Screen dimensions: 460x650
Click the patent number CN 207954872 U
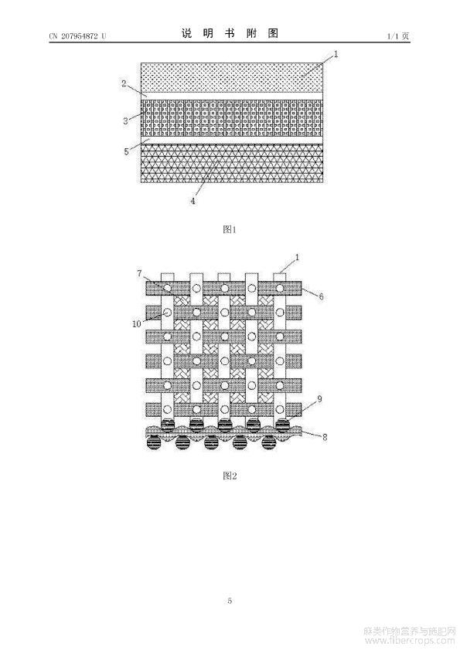click(x=77, y=36)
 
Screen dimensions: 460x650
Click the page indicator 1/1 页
click(x=398, y=36)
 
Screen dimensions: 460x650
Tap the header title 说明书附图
click(x=230, y=33)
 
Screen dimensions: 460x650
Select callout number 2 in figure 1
click(x=124, y=83)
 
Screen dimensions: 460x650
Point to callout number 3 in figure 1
click(x=125, y=121)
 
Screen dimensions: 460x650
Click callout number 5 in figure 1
click(x=126, y=152)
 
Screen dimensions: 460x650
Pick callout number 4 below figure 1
click(x=193, y=201)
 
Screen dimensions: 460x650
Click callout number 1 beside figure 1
click(x=336, y=54)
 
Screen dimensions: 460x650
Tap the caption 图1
click(x=230, y=229)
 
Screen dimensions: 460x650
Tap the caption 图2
click(x=230, y=476)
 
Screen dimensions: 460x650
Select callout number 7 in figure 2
click(x=139, y=273)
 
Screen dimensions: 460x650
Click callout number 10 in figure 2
click(x=137, y=323)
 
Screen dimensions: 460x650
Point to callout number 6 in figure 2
click(x=321, y=296)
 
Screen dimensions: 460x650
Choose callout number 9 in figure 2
click(x=319, y=399)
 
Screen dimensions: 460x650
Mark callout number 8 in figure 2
click(x=325, y=437)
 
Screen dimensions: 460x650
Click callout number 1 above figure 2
click(x=297, y=257)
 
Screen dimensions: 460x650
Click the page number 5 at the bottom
click(x=230, y=601)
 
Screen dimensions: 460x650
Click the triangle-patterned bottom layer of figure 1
click(x=232, y=164)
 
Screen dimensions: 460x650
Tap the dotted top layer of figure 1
click(x=232, y=77)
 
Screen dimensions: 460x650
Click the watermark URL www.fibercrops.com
click(x=410, y=642)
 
